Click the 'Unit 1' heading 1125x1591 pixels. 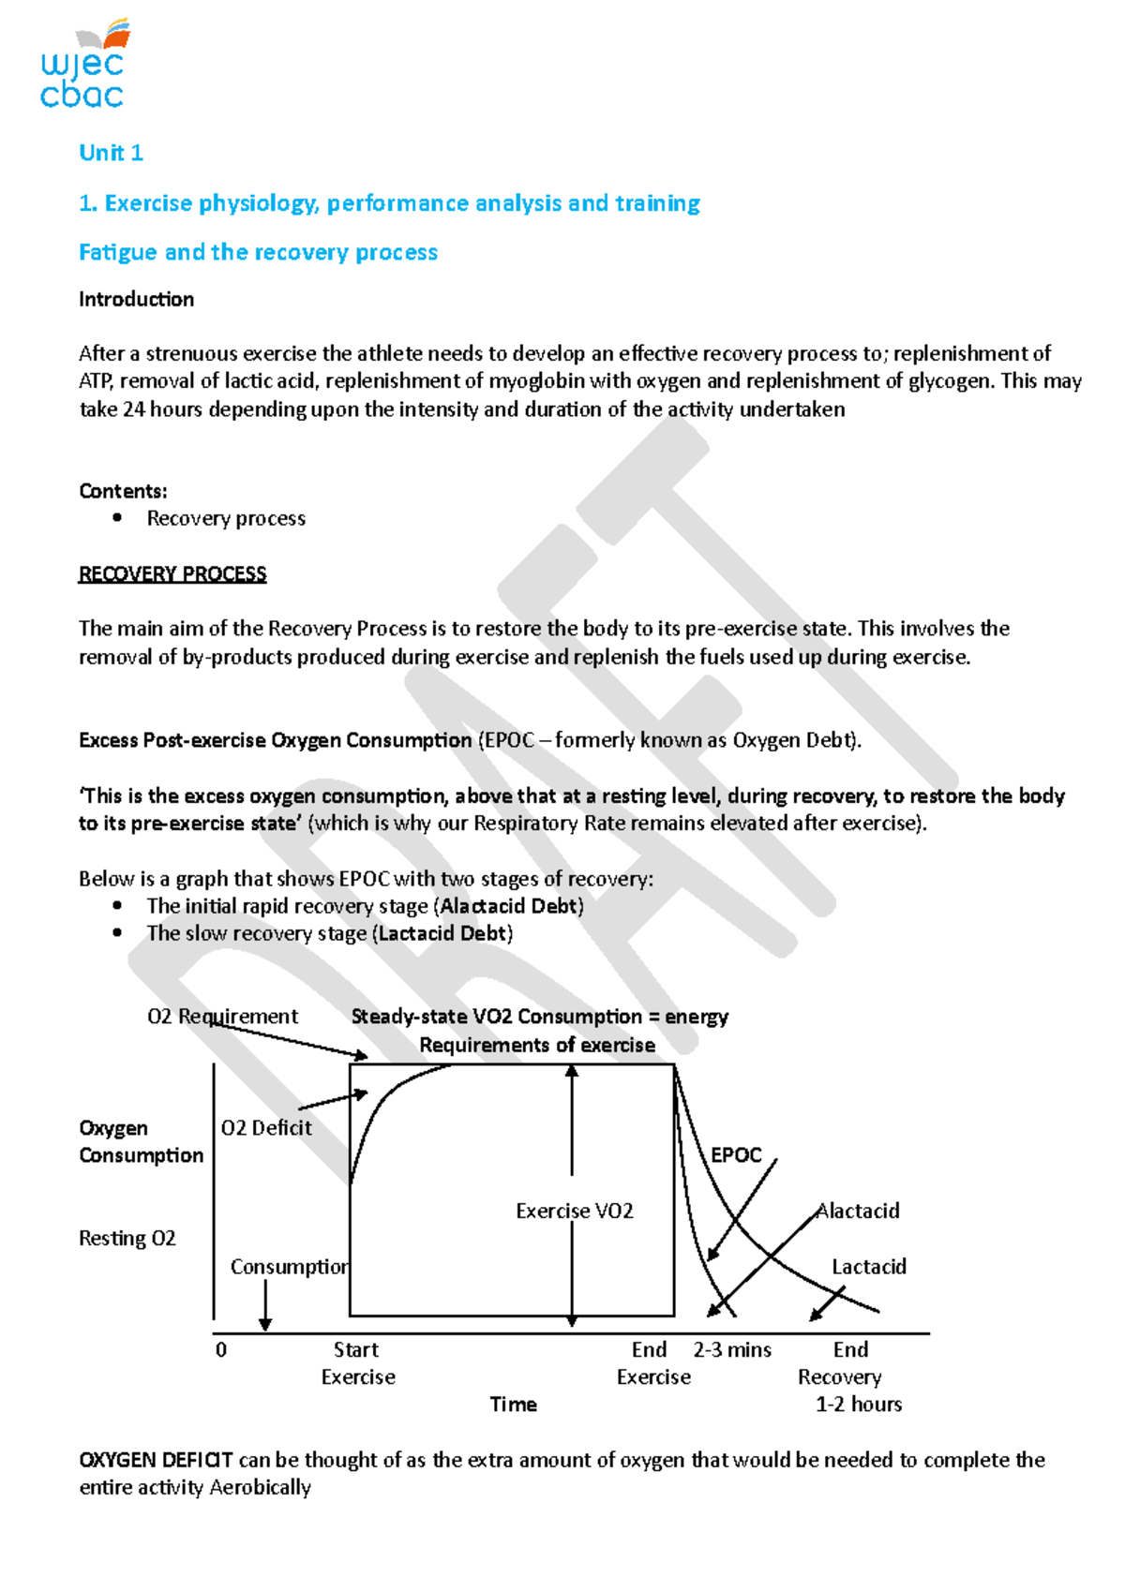(111, 153)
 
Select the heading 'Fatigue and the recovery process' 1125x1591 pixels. (258, 252)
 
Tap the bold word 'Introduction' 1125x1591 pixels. (136, 299)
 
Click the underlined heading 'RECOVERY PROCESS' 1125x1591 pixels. (172, 573)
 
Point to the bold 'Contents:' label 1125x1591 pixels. (123, 491)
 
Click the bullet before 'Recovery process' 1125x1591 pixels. (117, 517)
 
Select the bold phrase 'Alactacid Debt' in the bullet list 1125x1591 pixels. (510, 906)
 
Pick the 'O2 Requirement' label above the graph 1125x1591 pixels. (222, 1017)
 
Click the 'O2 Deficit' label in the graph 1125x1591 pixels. (266, 1128)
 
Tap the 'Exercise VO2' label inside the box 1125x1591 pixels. (574, 1211)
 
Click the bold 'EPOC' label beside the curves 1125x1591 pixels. (736, 1155)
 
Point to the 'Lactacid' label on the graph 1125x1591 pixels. (869, 1267)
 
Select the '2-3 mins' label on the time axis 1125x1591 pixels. (732, 1350)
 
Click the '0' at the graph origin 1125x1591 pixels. (221, 1350)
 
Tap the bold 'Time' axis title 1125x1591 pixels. (513, 1405)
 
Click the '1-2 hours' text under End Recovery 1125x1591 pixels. (858, 1405)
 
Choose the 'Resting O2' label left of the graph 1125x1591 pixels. (127, 1239)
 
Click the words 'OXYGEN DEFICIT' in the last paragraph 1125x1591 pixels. (156, 1460)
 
